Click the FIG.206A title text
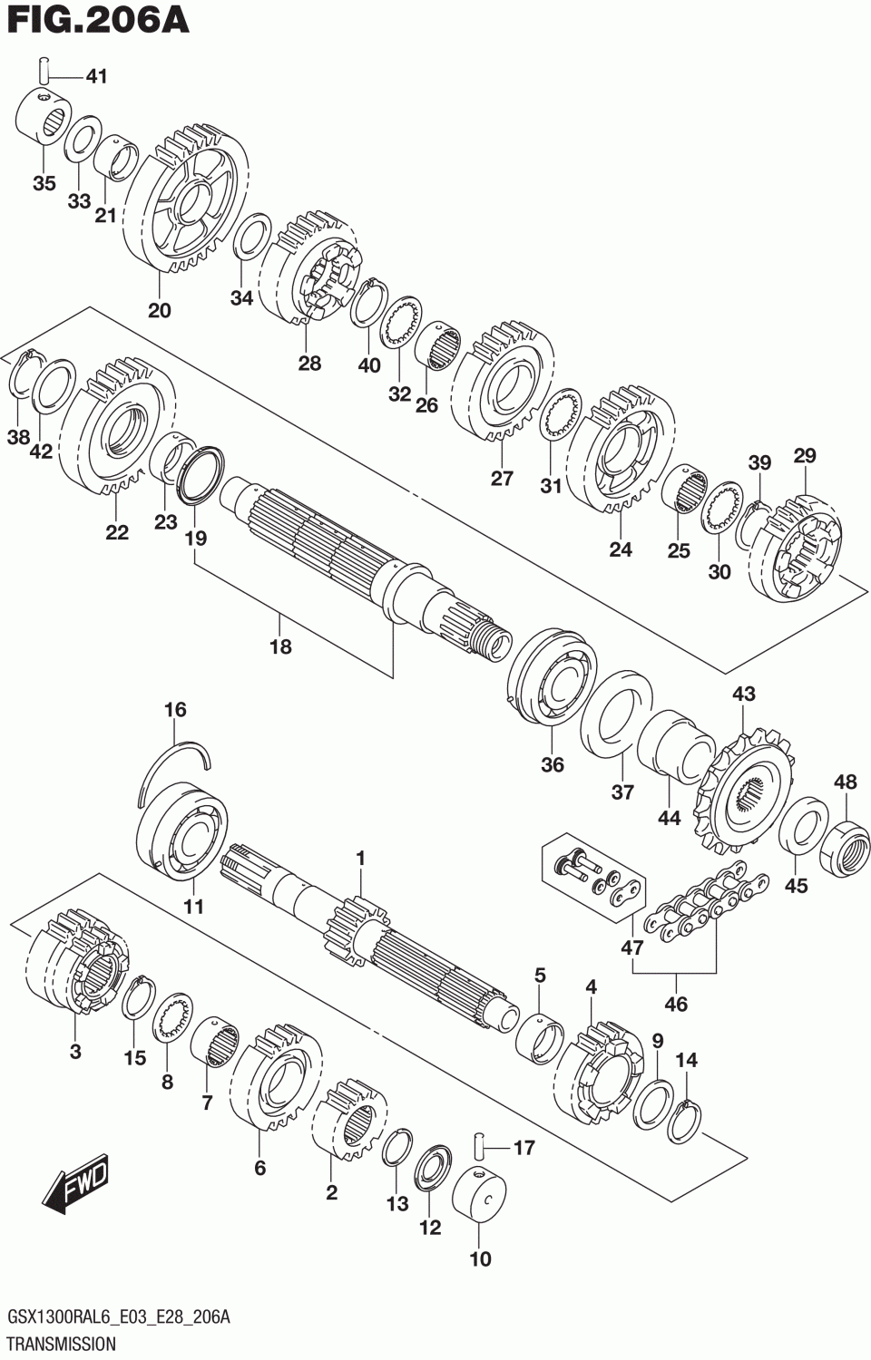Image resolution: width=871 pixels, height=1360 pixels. click(96, 21)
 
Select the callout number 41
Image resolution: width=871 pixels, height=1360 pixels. click(96, 76)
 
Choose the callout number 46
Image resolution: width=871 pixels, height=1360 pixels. click(675, 1004)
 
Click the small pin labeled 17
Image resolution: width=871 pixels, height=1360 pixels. click(478, 1147)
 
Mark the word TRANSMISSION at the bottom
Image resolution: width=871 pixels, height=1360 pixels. click(61, 1343)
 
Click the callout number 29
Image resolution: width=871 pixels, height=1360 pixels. click(804, 455)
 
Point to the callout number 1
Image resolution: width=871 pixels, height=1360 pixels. click(360, 858)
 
